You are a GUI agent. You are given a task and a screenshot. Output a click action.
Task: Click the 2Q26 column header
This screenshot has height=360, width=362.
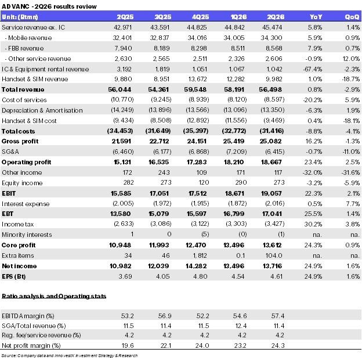pos(276,17)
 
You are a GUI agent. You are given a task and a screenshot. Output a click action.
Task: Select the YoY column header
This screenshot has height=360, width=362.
pos(316,17)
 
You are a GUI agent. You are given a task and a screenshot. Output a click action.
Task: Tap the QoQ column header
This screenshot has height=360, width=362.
pos(352,17)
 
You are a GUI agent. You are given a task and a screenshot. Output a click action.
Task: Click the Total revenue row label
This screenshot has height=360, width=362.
pos(23,89)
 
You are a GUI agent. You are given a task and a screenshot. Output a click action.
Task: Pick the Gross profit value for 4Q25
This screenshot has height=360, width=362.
pos(197,141)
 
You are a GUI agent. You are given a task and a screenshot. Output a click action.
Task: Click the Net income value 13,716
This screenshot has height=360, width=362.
pos(272,266)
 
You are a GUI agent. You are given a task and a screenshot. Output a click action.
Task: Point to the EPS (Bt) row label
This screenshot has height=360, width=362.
pos(13,276)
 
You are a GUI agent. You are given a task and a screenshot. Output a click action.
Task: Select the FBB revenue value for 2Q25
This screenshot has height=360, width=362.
pos(124,48)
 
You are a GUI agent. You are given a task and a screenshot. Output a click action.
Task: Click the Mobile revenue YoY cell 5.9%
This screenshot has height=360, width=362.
pos(315,38)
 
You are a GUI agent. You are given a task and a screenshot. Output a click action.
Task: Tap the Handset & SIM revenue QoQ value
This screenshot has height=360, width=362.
pos(351,79)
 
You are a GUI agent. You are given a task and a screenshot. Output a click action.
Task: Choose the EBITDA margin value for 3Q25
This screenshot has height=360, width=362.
pos(165,316)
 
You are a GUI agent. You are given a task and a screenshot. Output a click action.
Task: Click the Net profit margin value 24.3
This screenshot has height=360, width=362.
pos(278,345)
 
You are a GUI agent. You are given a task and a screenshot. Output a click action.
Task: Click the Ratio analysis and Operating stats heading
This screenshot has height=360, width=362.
pos(54,296)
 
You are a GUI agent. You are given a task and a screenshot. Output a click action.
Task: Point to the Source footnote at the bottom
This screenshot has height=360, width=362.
pos(70,355)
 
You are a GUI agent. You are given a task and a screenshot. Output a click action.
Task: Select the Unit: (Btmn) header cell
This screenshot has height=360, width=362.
pos(20,17)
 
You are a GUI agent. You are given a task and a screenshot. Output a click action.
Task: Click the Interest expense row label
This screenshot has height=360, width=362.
pos(26,204)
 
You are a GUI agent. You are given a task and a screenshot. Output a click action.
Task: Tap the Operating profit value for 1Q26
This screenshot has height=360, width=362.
pos(234,162)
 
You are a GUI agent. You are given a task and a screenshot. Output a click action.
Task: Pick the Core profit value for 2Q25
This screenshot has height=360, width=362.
pos(120,245)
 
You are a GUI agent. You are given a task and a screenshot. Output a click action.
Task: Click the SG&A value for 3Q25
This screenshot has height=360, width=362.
pos(162,152)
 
